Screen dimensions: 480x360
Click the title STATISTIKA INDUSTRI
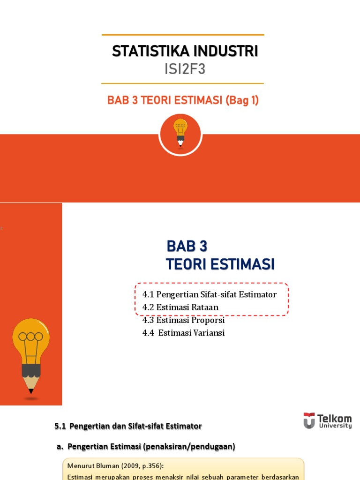pyautogui.click(x=185, y=51)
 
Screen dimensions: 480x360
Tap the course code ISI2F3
pyautogui.click(x=185, y=69)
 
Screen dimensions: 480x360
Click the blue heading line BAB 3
pyautogui.click(x=187, y=246)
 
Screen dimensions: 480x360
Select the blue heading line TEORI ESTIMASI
pyautogui.click(x=220, y=264)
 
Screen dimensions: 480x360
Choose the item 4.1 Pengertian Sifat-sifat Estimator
pyautogui.click(x=209, y=294)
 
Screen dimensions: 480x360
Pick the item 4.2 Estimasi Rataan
pyautogui.click(x=180, y=307)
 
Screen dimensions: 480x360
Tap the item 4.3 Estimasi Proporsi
pyautogui.click(x=183, y=321)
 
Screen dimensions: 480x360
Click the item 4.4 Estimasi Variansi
pyautogui.click(x=183, y=333)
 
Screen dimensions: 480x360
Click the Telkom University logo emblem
pyautogui.click(x=309, y=420)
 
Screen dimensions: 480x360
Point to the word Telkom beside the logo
pyautogui.click(x=334, y=418)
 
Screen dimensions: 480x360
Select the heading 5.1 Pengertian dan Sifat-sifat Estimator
pyautogui.click(x=128, y=426)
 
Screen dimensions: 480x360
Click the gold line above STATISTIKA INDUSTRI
pyautogui.click(x=183, y=35)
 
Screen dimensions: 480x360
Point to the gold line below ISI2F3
pyautogui.click(x=183, y=83)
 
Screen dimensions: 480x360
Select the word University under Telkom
pyautogui.click(x=334, y=426)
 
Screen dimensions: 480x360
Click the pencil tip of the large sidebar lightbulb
pyautogui.click(x=31, y=390)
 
